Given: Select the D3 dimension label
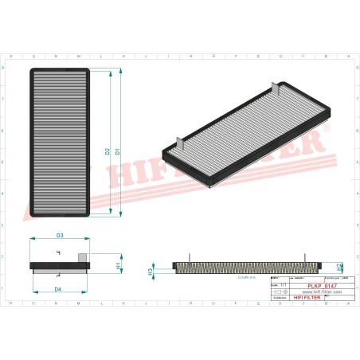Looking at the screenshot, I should pos(60,236).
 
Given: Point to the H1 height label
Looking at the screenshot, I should pos(118,264).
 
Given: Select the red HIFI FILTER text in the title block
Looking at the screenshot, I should pos(307,298).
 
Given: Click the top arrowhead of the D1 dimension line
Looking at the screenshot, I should pos(120,72).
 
